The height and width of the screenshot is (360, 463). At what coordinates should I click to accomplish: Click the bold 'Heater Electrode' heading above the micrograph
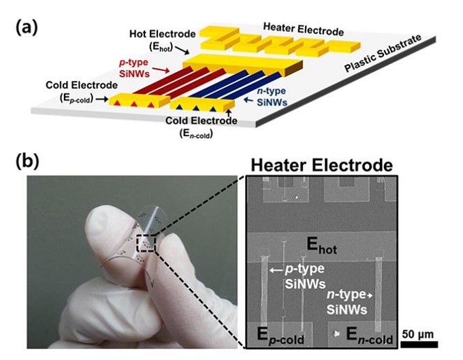pyautogui.click(x=321, y=165)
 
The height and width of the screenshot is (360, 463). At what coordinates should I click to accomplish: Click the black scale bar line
pyautogui.click(x=418, y=343)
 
